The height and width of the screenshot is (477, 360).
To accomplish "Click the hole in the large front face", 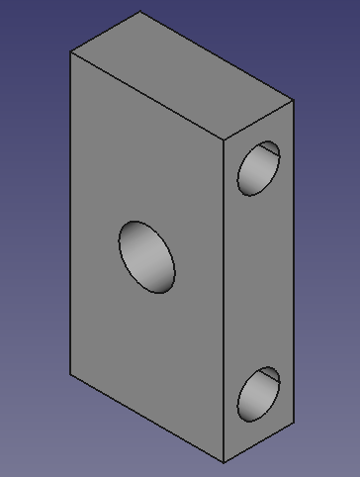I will coord(147,256).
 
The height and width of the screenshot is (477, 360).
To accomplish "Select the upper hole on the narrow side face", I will coord(259,167).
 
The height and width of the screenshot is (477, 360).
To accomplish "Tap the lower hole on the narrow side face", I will coord(259,395).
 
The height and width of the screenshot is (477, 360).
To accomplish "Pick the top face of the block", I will coord(180,76).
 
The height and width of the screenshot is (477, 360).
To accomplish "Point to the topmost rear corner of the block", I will coord(141,11).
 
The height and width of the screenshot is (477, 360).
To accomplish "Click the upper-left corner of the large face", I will coord(70,52).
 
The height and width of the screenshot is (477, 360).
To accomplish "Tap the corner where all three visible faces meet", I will coord(224,141).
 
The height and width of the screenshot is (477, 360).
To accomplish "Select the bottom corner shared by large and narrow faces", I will coord(224,463).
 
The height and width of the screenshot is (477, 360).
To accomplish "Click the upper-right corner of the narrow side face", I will coord(294,100).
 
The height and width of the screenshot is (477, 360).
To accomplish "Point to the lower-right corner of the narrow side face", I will coord(294,422).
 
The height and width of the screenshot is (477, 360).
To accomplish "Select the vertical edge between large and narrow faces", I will coord(224,297).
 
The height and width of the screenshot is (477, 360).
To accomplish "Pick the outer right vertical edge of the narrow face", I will coord(294,257).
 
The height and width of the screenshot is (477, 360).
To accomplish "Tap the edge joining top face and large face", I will coord(146,96).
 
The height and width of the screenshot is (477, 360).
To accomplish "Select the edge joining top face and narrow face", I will coord(259,120).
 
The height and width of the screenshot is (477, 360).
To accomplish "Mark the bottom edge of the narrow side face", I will coord(259,442).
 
